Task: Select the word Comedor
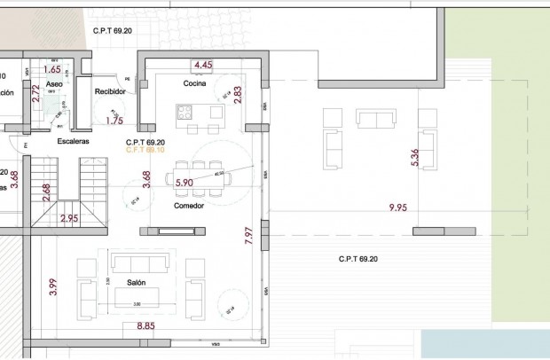tap(189, 206)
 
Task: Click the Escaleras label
tap(71, 141)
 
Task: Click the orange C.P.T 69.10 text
tap(146, 150)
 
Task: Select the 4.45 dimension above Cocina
tap(202, 65)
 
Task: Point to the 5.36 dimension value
tap(414, 158)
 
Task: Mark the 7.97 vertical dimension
tap(248, 235)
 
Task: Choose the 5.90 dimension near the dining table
tap(185, 182)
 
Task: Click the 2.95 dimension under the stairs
tap(69, 217)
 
